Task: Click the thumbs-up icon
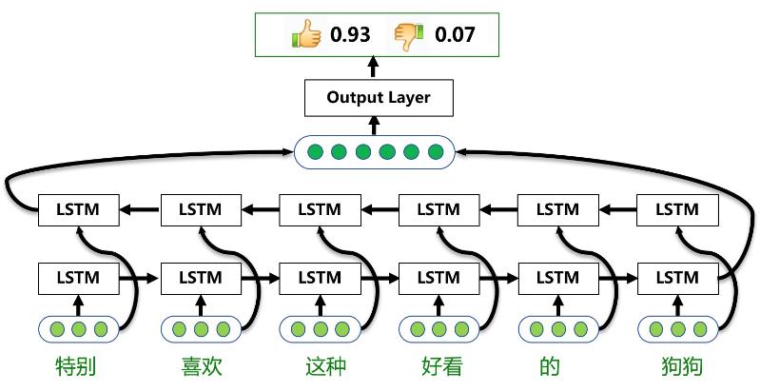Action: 306,36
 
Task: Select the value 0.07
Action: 455,36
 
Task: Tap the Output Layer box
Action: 378,98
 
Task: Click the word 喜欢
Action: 201,367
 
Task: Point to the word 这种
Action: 320,367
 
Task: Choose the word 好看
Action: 438,367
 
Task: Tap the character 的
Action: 557,367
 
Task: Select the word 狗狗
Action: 677,367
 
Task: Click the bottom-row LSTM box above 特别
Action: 79,279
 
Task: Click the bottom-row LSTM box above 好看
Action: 438,279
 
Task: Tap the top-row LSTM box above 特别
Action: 79,209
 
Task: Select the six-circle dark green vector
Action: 376,151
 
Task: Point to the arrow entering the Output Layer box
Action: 374,125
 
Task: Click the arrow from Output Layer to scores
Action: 374,68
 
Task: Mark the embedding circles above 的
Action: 557,330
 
